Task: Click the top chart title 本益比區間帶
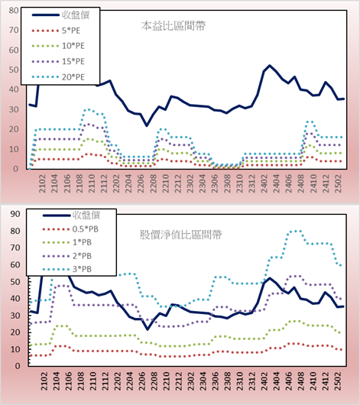pyautogui.click(x=174, y=26)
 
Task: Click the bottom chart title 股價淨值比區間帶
pyautogui.click(x=180, y=235)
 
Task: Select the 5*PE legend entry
pyautogui.click(x=56, y=31)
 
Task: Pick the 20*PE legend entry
pyautogui.click(x=58, y=77)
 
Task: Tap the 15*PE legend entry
pyautogui.click(x=58, y=61)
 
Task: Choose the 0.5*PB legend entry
pyautogui.click(x=70, y=229)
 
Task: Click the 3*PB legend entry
pyautogui.click(x=67, y=269)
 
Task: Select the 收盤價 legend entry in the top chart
pyautogui.click(x=60, y=15)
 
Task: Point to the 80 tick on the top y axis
pyautogui.click(x=14, y=11)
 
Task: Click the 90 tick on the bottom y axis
pyautogui.click(x=15, y=214)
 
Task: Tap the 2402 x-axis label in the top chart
pyautogui.click(x=264, y=183)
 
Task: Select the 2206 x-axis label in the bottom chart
pyautogui.click(x=142, y=381)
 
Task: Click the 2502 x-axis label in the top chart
pyautogui.click(x=338, y=183)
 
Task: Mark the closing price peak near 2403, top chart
pyautogui.click(x=270, y=66)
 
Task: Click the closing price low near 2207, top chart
pyautogui.click(x=147, y=125)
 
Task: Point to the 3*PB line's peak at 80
pyautogui.click(x=294, y=232)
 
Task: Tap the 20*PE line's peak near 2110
pyautogui.click(x=89, y=110)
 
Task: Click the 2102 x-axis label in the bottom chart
pyautogui.click(x=44, y=381)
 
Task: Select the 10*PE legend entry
pyautogui.click(x=58, y=46)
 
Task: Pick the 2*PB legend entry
pyautogui.click(x=67, y=256)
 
